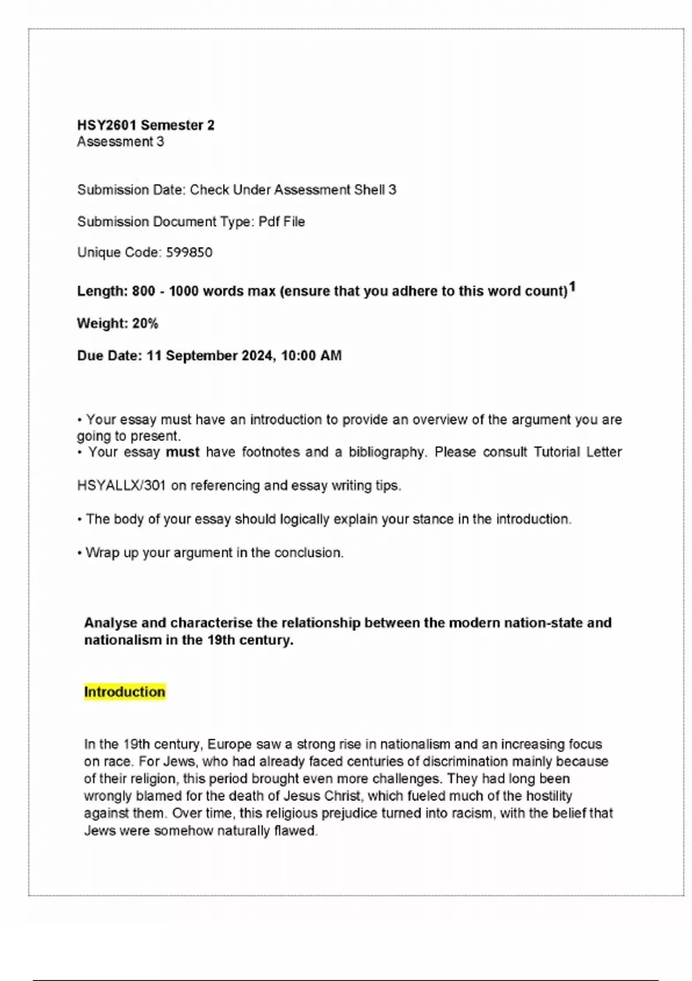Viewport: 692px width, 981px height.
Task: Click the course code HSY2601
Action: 107,125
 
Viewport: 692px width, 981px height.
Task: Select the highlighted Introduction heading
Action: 125,692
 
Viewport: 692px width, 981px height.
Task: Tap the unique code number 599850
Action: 189,253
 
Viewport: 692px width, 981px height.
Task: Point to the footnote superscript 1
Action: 572,287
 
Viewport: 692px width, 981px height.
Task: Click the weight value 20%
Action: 145,324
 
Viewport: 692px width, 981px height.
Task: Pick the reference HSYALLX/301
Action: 122,486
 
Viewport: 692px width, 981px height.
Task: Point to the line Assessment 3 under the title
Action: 121,142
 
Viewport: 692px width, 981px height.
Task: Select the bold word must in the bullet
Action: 182,452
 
